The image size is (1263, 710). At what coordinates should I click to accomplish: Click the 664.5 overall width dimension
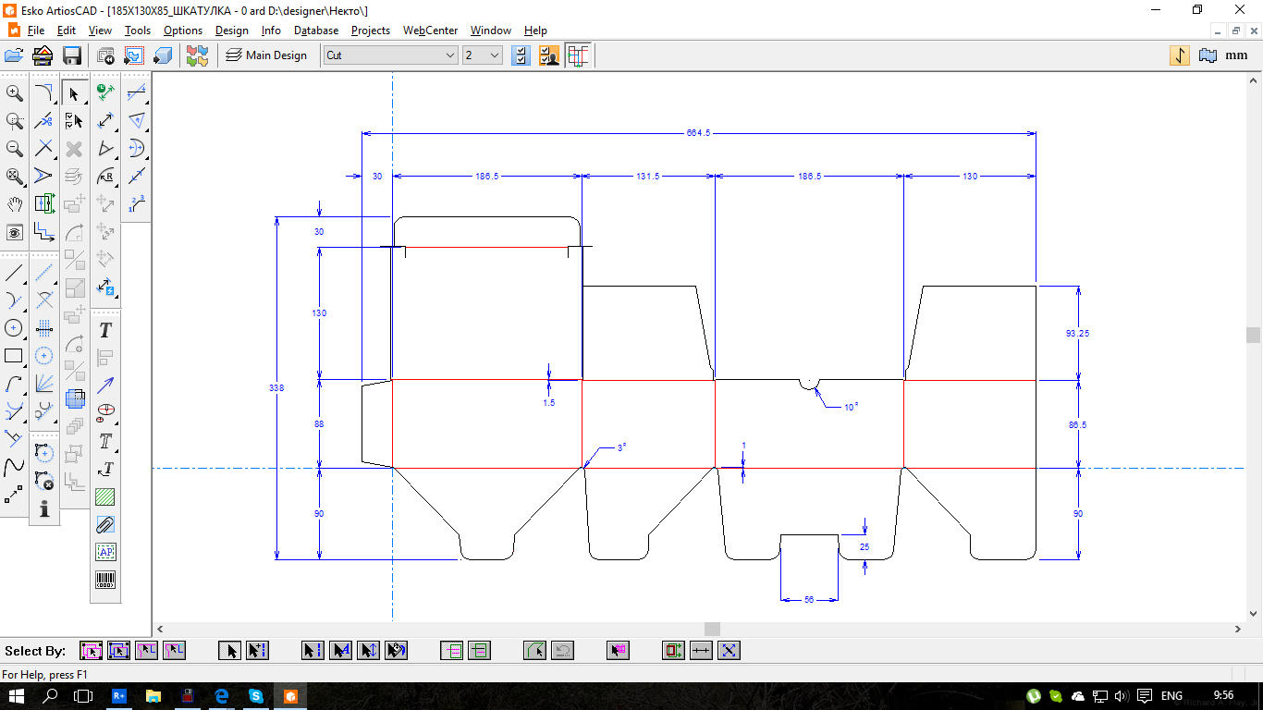[x=698, y=133]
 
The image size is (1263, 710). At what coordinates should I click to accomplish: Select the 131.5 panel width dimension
[x=647, y=177]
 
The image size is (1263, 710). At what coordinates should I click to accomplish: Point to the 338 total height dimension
[x=276, y=388]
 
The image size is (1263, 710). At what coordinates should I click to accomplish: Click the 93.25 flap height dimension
[x=1077, y=334]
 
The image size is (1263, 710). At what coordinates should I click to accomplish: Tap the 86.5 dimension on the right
[x=1077, y=424]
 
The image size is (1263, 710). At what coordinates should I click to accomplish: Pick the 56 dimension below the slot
[x=809, y=599]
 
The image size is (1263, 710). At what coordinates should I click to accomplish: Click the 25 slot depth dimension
[x=864, y=546]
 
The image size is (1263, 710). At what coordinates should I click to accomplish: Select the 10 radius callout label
[x=851, y=407]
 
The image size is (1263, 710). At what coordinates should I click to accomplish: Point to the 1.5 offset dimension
[x=549, y=403]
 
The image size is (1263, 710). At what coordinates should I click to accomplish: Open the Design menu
[x=232, y=31]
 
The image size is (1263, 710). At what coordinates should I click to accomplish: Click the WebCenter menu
[x=430, y=31]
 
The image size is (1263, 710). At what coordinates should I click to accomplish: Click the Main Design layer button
[x=266, y=55]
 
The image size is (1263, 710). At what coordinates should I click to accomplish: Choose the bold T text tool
[x=105, y=330]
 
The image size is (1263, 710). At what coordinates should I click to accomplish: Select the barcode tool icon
[x=105, y=580]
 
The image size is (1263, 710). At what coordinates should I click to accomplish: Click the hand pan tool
[x=15, y=203]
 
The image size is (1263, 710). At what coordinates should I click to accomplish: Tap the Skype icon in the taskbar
[x=256, y=696]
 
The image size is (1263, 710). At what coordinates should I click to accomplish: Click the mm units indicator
[x=1236, y=55]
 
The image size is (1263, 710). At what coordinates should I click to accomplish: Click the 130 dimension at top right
[x=970, y=177]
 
